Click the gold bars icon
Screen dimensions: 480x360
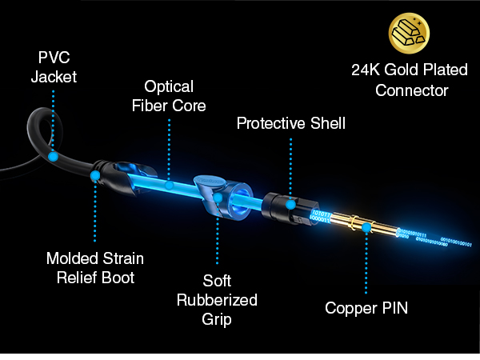[409, 33]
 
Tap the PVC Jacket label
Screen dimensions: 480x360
[54, 66]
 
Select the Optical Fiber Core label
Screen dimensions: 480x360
[169, 96]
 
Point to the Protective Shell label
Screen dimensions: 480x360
[291, 123]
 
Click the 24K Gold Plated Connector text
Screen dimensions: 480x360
[410, 80]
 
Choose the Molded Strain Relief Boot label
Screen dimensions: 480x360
[95, 268]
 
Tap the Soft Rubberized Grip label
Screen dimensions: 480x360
[217, 300]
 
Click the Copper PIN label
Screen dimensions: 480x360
[366, 308]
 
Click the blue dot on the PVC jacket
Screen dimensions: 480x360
[53, 157]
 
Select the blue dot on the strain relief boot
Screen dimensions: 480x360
[95, 175]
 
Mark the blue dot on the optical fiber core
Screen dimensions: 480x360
[169, 185]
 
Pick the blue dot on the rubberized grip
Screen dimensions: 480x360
[218, 198]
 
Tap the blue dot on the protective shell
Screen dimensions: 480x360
[291, 205]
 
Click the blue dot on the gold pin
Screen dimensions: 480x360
[366, 227]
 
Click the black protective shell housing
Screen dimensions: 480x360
[288, 208]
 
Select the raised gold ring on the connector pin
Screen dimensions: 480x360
[354, 222]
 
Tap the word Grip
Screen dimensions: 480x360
[217, 319]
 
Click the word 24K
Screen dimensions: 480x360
[366, 70]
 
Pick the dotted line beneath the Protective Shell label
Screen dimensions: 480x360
[291, 168]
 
